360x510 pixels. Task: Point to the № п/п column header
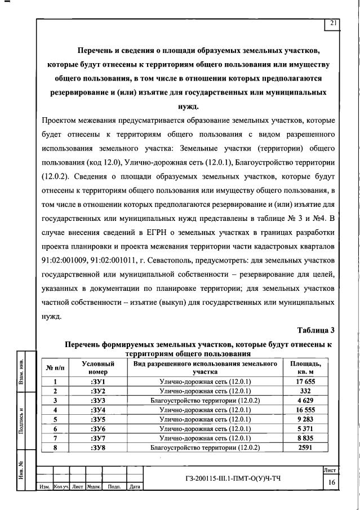click(x=55, y=368)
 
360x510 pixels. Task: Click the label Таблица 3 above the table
click(x=315, y=330)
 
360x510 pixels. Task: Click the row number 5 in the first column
click(x=55, y=420)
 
